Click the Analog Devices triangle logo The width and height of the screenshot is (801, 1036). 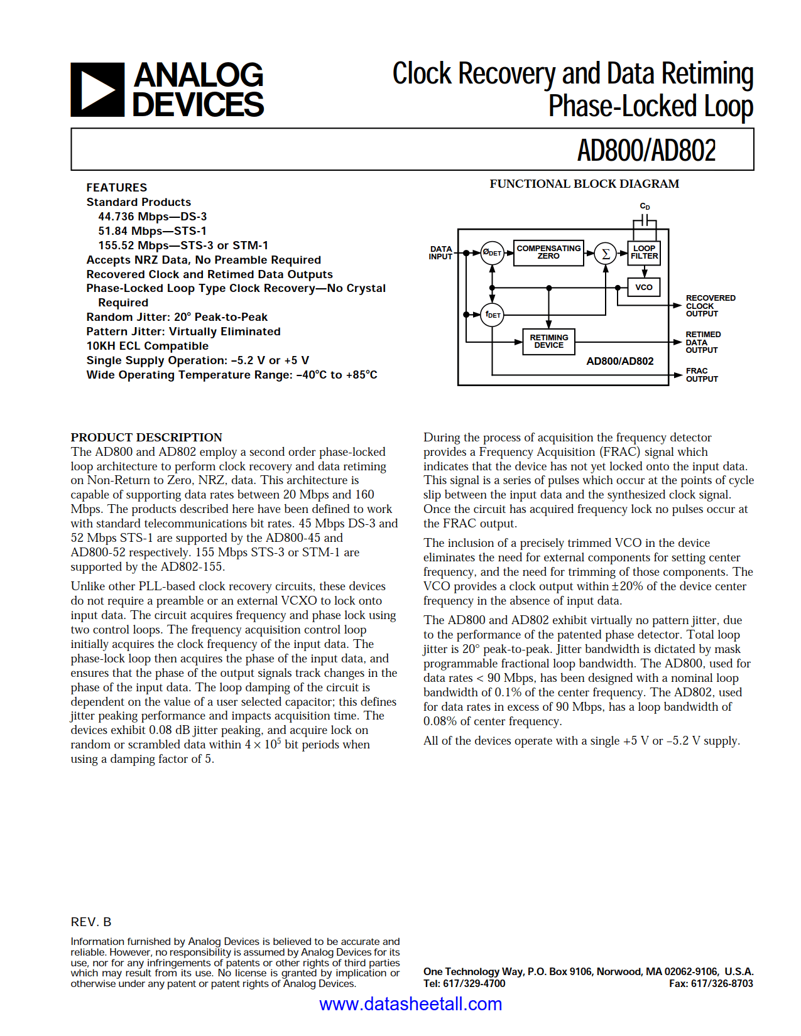pos(97,90)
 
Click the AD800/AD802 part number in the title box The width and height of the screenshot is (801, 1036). pos(646,151)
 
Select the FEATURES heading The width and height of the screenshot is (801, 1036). pos(117,188)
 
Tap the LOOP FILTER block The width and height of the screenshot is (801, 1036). pos(644,252)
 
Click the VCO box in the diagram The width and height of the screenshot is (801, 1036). pos(643,288)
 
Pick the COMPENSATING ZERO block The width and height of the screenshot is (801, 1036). pos(548,252)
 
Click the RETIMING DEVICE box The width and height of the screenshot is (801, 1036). pos(548,342)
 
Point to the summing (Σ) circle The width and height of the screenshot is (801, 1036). pos(606,253)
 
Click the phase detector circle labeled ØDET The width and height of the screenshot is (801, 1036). pos(492,252)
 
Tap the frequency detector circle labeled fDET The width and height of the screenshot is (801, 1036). pos(493,315)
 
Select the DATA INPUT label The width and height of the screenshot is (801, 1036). pos(440,253)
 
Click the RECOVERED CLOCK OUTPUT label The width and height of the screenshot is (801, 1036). pos(710,306)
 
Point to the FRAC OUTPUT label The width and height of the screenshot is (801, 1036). pos(701,375)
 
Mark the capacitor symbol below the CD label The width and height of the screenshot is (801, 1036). pos(645,220)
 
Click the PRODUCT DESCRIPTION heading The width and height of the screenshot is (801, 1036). pos(146,438)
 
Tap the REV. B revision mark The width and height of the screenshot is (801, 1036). pos(91,922)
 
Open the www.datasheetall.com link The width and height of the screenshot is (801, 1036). pos(410,1004)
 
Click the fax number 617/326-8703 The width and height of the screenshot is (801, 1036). pos(722,983)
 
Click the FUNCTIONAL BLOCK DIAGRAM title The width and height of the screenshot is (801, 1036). pos(584,184)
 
